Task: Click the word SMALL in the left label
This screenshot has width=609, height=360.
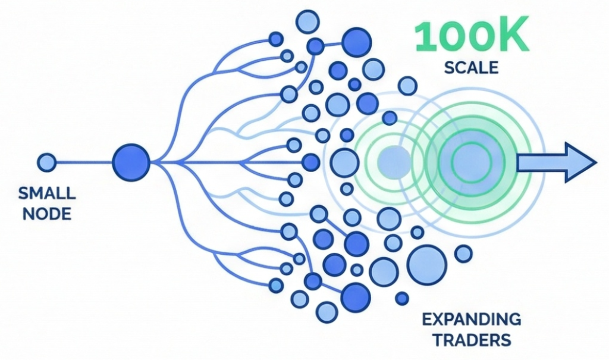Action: (47, 193)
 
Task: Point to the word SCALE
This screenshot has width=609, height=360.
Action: (472, 68)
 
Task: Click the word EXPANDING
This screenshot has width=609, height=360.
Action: (471, 320)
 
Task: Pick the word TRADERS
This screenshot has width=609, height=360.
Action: (471, 340)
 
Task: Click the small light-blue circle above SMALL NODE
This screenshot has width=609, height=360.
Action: (46, 162)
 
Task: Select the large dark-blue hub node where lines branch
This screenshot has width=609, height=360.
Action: (131, 161)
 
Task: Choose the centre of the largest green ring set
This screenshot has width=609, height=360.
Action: (469, 160)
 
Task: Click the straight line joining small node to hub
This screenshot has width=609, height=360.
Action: (83, 162)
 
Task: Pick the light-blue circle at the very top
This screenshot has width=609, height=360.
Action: (307, 22)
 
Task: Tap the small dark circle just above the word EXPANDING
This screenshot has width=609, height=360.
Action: (403, 298)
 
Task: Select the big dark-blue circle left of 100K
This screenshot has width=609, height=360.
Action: (356, 42)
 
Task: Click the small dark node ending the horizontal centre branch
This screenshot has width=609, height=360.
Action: (310, 161)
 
